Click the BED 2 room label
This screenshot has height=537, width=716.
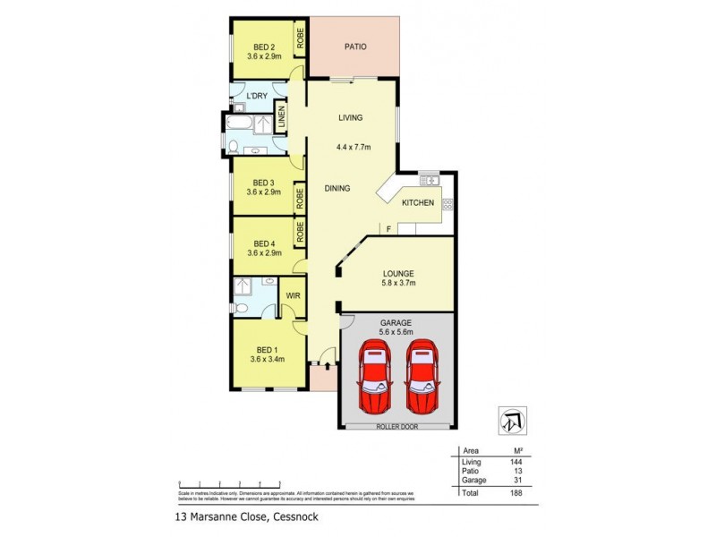[x=263, y=47]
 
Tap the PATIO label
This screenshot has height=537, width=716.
[x=354, y=47]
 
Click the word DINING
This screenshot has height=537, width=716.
[x=337, y=188]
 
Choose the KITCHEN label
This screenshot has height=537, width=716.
[x=417, y=203]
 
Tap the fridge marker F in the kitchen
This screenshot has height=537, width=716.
[x=388, y=230]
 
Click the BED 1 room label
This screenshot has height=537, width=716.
[x=267, y=350]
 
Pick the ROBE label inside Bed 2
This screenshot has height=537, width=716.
[x=302, y=38]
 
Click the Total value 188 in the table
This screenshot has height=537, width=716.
[x=516, y=492]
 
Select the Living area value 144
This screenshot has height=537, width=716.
[x=516, y=462]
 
